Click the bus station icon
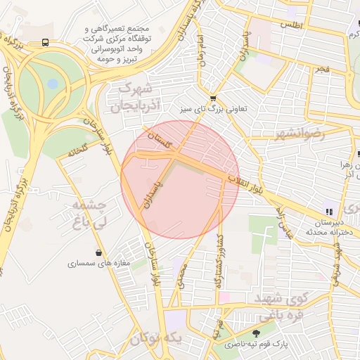coord(46,42)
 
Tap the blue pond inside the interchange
coord(53,84)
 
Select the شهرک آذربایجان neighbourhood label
coord(137,97)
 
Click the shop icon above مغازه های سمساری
coord(98,252)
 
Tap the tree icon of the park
coord(255,333)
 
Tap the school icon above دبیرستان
coord(328,211)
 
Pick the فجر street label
coord(322,70)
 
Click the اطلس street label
coord(290,25)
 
